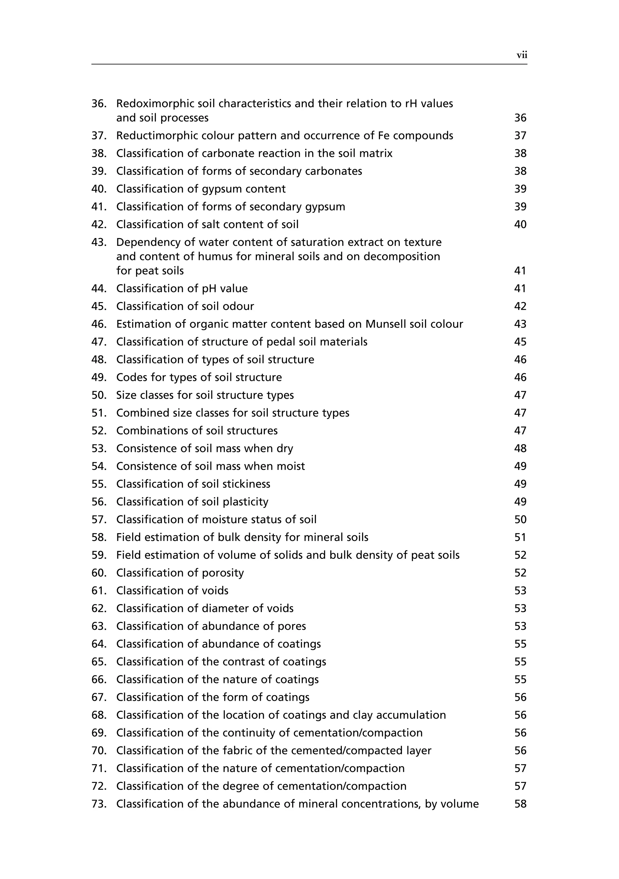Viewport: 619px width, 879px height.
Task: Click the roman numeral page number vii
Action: click(x=522, y=55)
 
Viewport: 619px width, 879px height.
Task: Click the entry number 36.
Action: click(x=99, y=104)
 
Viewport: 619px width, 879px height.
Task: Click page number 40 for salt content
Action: click(x=520, y=225)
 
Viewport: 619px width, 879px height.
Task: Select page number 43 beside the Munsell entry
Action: click(x=520, y=324)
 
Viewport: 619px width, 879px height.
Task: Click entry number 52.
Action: click(x=99, y=431)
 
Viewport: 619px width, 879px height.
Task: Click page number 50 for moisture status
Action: click(x=520, y=520)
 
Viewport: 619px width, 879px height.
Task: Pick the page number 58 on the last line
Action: click(x=520, y=804)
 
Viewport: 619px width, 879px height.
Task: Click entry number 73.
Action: click(x=99, y=804)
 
